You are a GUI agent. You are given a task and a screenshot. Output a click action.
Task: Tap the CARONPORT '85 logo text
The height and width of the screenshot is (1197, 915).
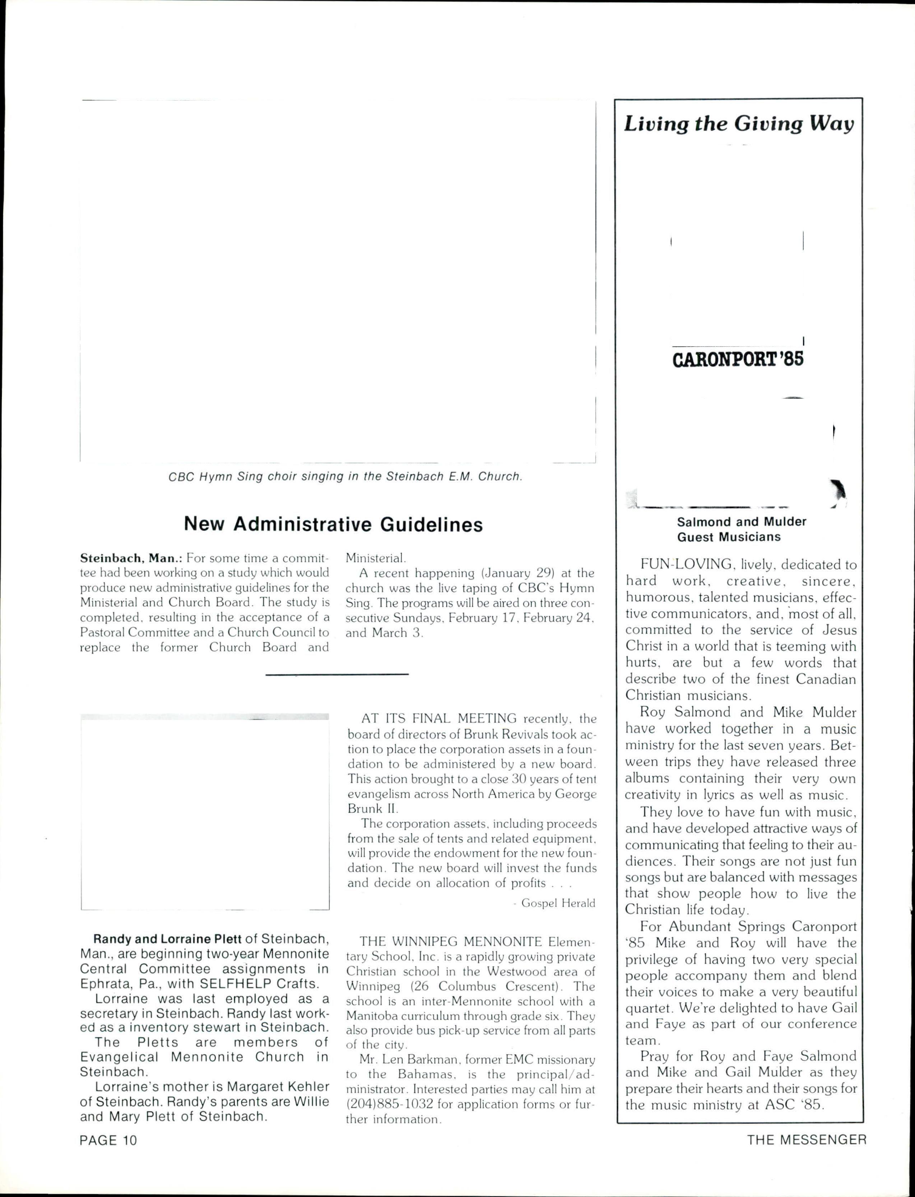pos(738,360)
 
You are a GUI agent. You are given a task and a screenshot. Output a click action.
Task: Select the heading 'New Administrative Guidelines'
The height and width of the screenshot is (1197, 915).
pos(333,524)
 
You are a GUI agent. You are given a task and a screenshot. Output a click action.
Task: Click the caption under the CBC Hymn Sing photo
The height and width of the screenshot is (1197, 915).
pos(345,476)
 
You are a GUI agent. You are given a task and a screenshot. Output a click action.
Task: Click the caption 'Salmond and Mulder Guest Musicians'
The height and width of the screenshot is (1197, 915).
pos(741,529)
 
